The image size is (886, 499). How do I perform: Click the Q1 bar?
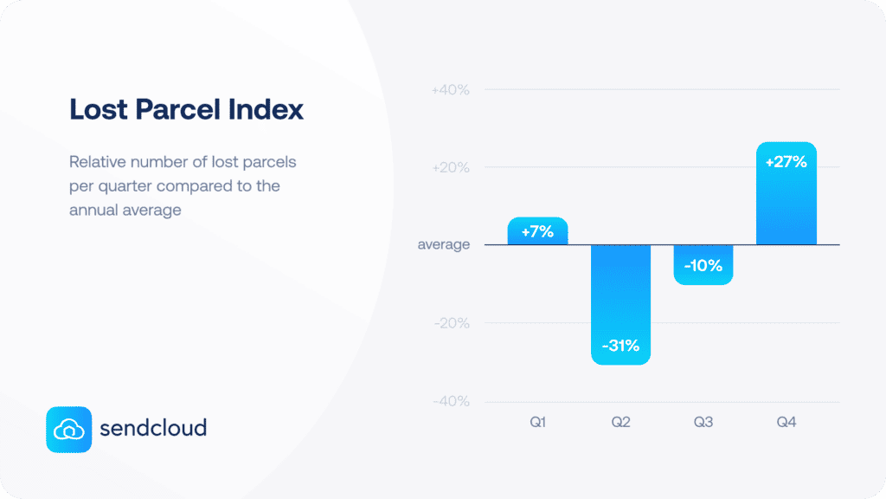(537, 231)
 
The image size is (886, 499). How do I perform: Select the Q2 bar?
(620, 303)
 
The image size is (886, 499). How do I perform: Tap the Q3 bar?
(703, 264)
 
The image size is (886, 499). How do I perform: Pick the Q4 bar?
(786, 193)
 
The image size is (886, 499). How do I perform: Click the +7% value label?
(537, 232)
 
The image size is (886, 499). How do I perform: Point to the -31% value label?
(620, 347)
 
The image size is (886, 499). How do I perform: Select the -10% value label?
(703, 266)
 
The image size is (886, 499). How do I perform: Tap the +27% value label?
(786, 161)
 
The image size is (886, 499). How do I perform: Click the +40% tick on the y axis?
(450, 90)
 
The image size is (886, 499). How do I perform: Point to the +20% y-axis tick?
(450, 167)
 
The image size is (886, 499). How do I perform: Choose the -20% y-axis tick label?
(451, 323)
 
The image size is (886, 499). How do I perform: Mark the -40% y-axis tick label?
(451, 401)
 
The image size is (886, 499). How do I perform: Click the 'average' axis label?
(444, 245)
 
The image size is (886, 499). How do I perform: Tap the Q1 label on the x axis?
(537, 423)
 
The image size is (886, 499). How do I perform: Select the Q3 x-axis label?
(703, 423)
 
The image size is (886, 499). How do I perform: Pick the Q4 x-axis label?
(786, 423)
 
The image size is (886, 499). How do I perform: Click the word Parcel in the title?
(183, 111)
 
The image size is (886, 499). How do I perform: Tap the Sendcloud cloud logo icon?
(68, 429)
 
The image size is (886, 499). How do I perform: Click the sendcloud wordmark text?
(153, 428)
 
